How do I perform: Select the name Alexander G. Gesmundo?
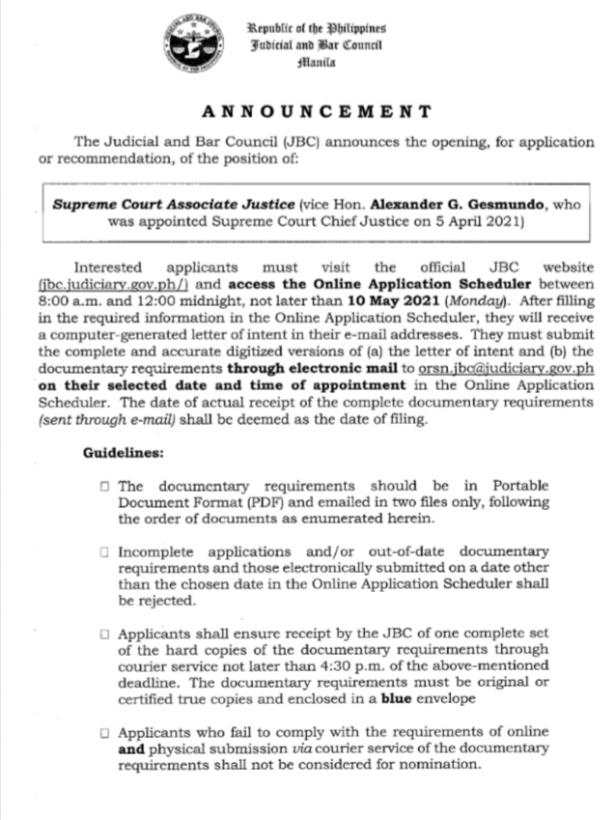pos(446,205)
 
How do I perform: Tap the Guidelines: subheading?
pos(123,452)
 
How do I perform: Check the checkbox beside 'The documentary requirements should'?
pos(103,488)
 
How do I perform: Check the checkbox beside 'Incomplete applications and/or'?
pos(103,552)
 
